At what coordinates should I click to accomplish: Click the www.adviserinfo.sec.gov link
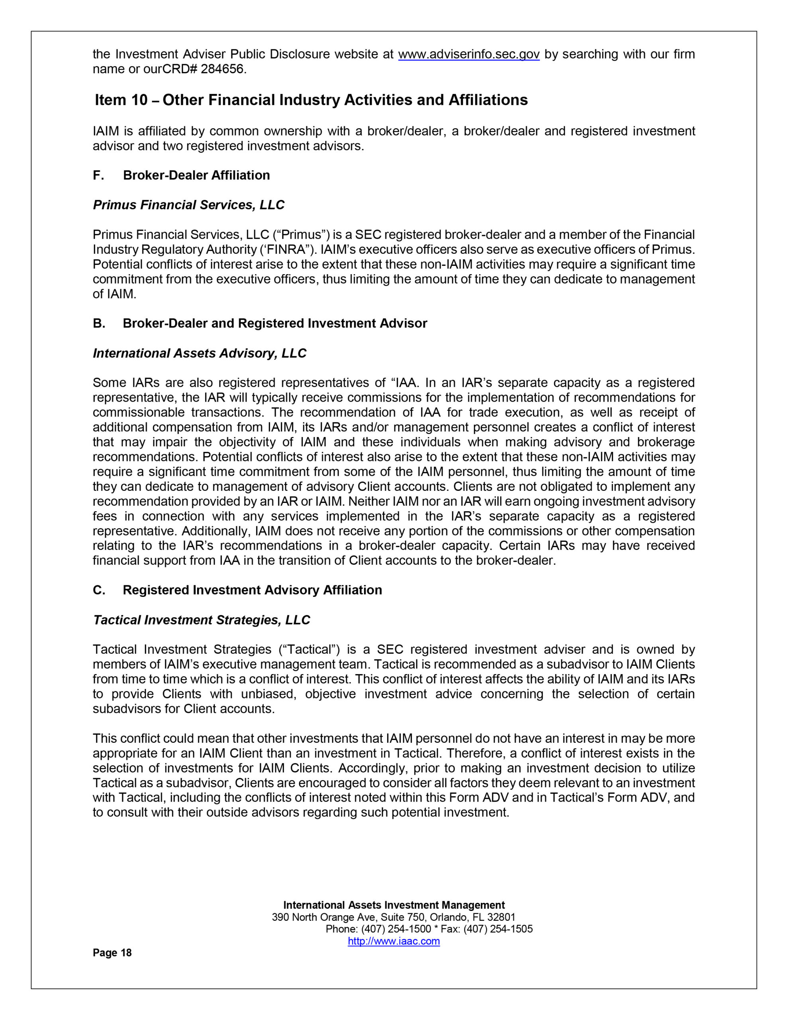tap(468, 55)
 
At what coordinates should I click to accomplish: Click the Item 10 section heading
tap(311, 100)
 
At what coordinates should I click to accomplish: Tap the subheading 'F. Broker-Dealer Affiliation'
tap(181, 175)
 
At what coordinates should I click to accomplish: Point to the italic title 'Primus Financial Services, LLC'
tap(189, 205)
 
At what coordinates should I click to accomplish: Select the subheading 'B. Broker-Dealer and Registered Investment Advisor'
tap(260, 323)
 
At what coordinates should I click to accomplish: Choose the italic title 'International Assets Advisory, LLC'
tap(200, 353)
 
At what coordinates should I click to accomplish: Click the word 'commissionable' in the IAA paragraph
tap(139, 412)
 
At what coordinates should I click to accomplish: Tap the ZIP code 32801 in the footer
tap(501, 917)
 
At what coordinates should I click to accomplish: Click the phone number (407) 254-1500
tap(396, 929)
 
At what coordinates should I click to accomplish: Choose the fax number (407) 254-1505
tap(498, 929)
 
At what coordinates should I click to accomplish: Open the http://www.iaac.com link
tap(394, 941)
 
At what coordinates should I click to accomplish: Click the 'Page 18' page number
tap(112, 953)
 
